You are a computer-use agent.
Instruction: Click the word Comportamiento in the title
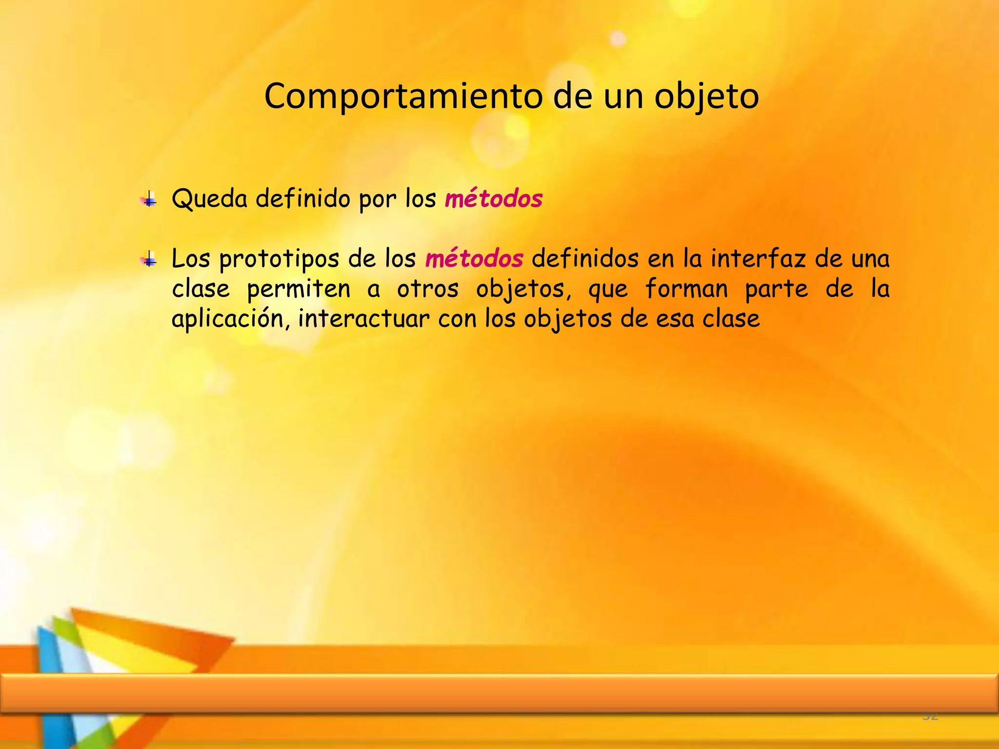403,97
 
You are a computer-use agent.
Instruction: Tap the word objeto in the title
706,97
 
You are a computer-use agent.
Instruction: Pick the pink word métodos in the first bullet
494,199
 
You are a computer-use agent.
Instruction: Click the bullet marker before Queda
149,199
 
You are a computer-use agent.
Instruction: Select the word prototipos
279,259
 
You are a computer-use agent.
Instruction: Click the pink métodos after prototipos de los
474,258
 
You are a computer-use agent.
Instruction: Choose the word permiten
299,289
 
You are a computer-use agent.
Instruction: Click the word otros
428,289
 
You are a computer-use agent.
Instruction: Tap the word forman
686,289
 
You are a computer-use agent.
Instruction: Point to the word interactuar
364,319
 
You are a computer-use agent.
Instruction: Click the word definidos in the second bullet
585,258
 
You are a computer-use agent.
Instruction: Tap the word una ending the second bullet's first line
870,259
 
